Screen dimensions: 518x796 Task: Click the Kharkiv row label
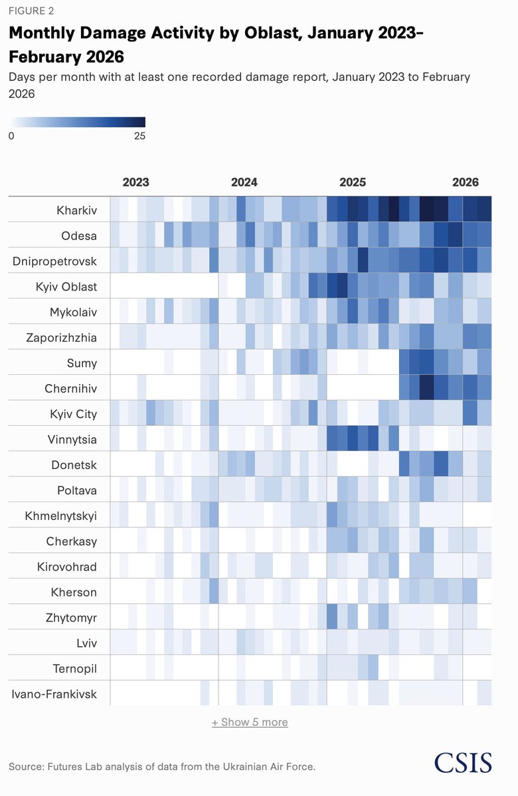click(76, 210)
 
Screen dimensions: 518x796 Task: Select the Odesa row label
click(79, 235)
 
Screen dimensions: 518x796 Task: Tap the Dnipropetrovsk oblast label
click(54, 261)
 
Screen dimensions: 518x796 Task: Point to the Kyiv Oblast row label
click(66, 287)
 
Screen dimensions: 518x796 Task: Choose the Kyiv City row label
click(73, 414)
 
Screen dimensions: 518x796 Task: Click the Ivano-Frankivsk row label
click(54, 694)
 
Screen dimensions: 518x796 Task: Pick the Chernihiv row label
click(71, 389)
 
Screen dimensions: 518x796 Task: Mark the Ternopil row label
click(74, 669)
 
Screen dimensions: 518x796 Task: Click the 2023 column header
click(136, 182)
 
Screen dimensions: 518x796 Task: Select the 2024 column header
click(244, 182)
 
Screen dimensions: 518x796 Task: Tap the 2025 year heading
click(353, 182)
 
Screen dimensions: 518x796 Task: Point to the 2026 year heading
click(466, 182)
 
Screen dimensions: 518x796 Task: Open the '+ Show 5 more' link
click(250, 722)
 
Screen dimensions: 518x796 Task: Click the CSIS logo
click(463, 762)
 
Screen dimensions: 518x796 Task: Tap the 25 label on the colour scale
click(140, 136)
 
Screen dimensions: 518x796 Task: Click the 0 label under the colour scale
click(11, 136)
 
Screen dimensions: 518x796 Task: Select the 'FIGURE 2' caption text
click(31, 11)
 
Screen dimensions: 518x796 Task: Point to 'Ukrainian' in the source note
click(247, 767)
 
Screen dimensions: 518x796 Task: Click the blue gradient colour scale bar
click(77, 122)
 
